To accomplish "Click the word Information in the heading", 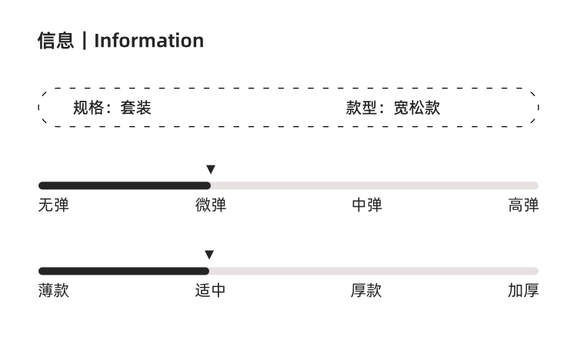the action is (x=149, y=41).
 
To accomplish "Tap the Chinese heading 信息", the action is (x=56, y=41).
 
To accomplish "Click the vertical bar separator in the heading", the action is (x=85, y=41).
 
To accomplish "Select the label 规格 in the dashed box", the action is (x=88, y=108).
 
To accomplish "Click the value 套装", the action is (x=135, y=108).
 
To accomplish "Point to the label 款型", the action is (x=362, y=108).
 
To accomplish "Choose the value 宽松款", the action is (x=417, y=108).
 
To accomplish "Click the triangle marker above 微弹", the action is (x=211, y=169).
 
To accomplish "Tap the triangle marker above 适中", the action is (x=209, y=255).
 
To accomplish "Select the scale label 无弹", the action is (x=54, y=205).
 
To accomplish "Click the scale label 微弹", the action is (x=211, y=205).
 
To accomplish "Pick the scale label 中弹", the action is (x=367, y=205).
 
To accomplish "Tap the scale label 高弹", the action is (x=523, y=205).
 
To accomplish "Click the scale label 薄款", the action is (x=54, y=291).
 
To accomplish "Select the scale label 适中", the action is (x=210, y=291).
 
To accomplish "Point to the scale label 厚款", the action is (x=366, y=291).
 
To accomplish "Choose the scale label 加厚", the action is (x=523, y=291).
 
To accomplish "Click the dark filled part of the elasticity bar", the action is (x=125, y=185).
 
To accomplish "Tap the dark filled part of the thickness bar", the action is (x=124, y=272).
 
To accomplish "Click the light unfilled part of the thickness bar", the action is (x=374, y=272).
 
